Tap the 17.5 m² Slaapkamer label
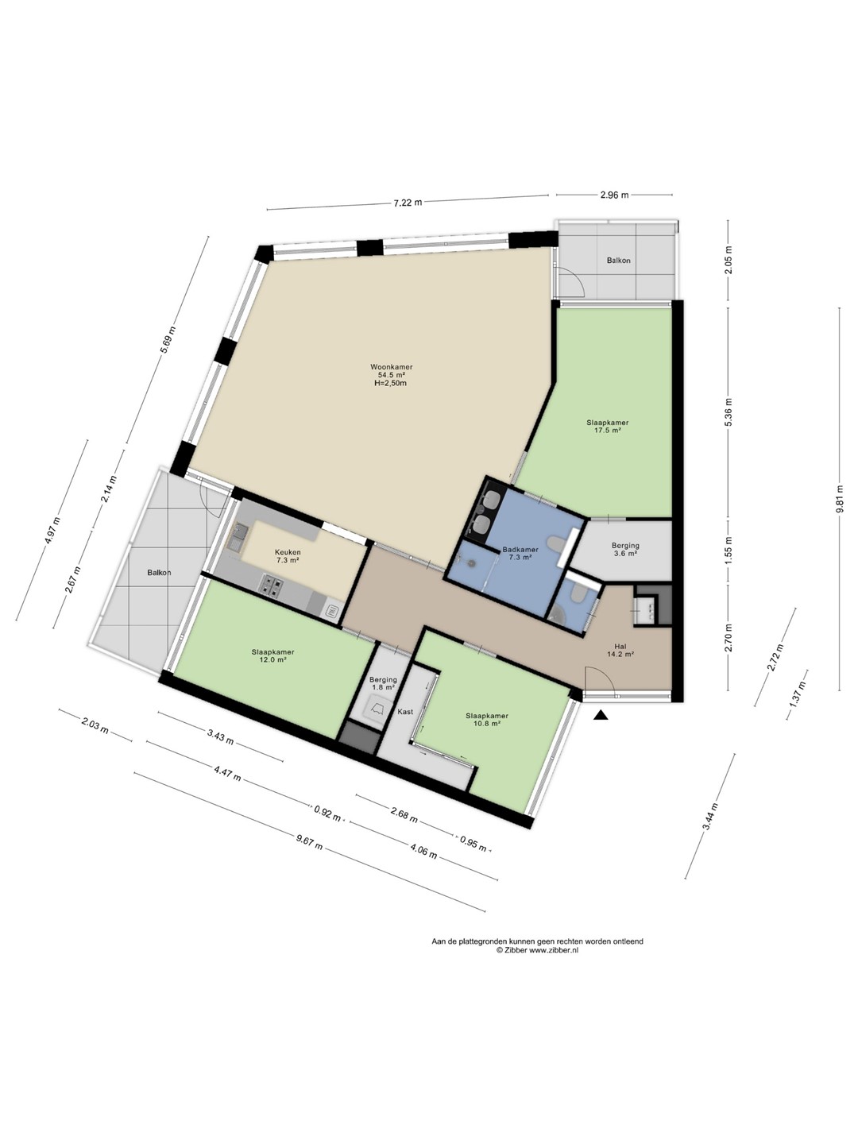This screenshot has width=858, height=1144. tap(608, 427)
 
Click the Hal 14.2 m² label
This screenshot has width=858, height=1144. tap(620, 651)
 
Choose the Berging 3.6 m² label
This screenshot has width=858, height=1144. tap(625, 549)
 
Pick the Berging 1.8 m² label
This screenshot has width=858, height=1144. tap(383, 683)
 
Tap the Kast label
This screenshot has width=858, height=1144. tap(405, 711)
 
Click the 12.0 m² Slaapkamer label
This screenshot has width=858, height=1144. tap(273, 655)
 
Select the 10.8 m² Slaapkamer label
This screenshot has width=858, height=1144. tap(487, 719)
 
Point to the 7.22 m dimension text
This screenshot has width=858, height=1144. tap(408, 203)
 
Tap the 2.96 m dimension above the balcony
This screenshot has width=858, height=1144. tap(615, 195)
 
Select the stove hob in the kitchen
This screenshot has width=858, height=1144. tap(271, 584)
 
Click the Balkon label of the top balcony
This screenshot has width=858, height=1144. tap(618, 260)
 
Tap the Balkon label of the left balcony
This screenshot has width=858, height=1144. tap(159, 572)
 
